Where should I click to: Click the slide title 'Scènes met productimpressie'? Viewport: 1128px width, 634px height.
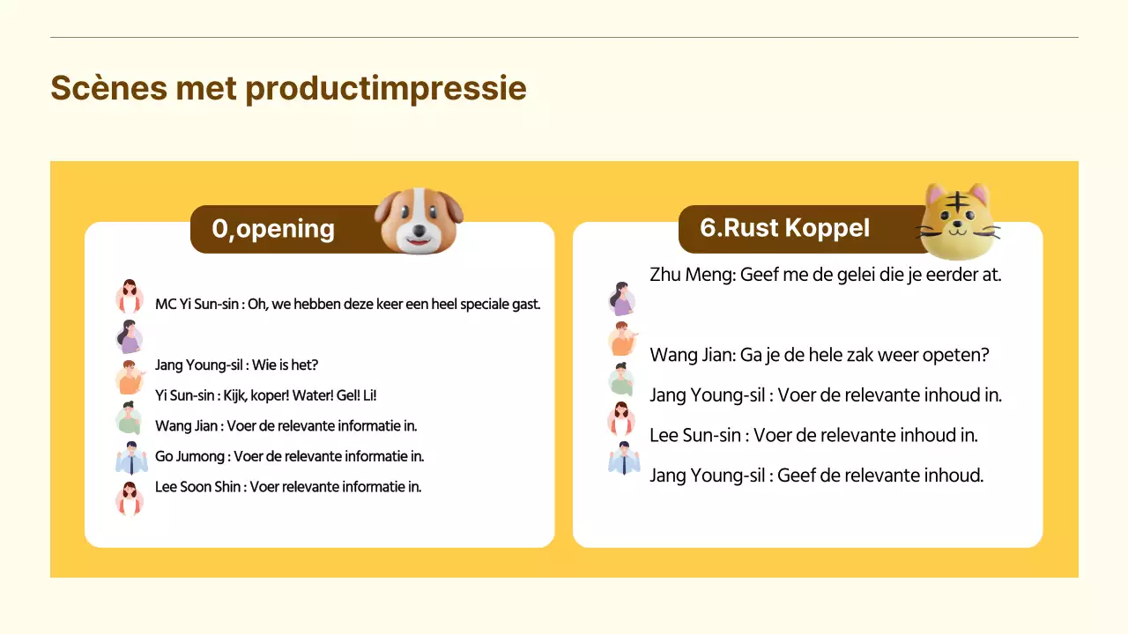(288, 89)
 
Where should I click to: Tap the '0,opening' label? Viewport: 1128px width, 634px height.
(273, 229)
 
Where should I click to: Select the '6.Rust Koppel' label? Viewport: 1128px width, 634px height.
(784, 228)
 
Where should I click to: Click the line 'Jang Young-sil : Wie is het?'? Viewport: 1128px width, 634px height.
(236, 365)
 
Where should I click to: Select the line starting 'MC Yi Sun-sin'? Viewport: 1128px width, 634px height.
(347, 305)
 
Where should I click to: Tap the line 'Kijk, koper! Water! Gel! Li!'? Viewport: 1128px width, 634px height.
(265, 395)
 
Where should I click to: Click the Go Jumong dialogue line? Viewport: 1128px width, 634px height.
(289, 456)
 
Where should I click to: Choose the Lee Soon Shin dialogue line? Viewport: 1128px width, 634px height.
(288, 487)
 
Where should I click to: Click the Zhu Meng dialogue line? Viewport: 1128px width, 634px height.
(825, 274)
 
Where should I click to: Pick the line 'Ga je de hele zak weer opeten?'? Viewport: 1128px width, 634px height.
(819, 355)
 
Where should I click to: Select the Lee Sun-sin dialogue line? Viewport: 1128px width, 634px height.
(813, 435)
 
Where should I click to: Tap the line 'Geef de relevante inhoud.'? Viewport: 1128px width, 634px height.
(816, 475)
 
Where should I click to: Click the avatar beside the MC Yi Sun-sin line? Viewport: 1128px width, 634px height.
(130, 298)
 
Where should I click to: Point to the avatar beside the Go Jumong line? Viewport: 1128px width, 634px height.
(130, 459)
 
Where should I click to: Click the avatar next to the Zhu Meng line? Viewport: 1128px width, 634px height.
(622, 299)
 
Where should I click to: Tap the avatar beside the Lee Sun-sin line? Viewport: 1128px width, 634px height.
(622, 419)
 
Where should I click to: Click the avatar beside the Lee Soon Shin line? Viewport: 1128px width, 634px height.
(130, 498)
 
